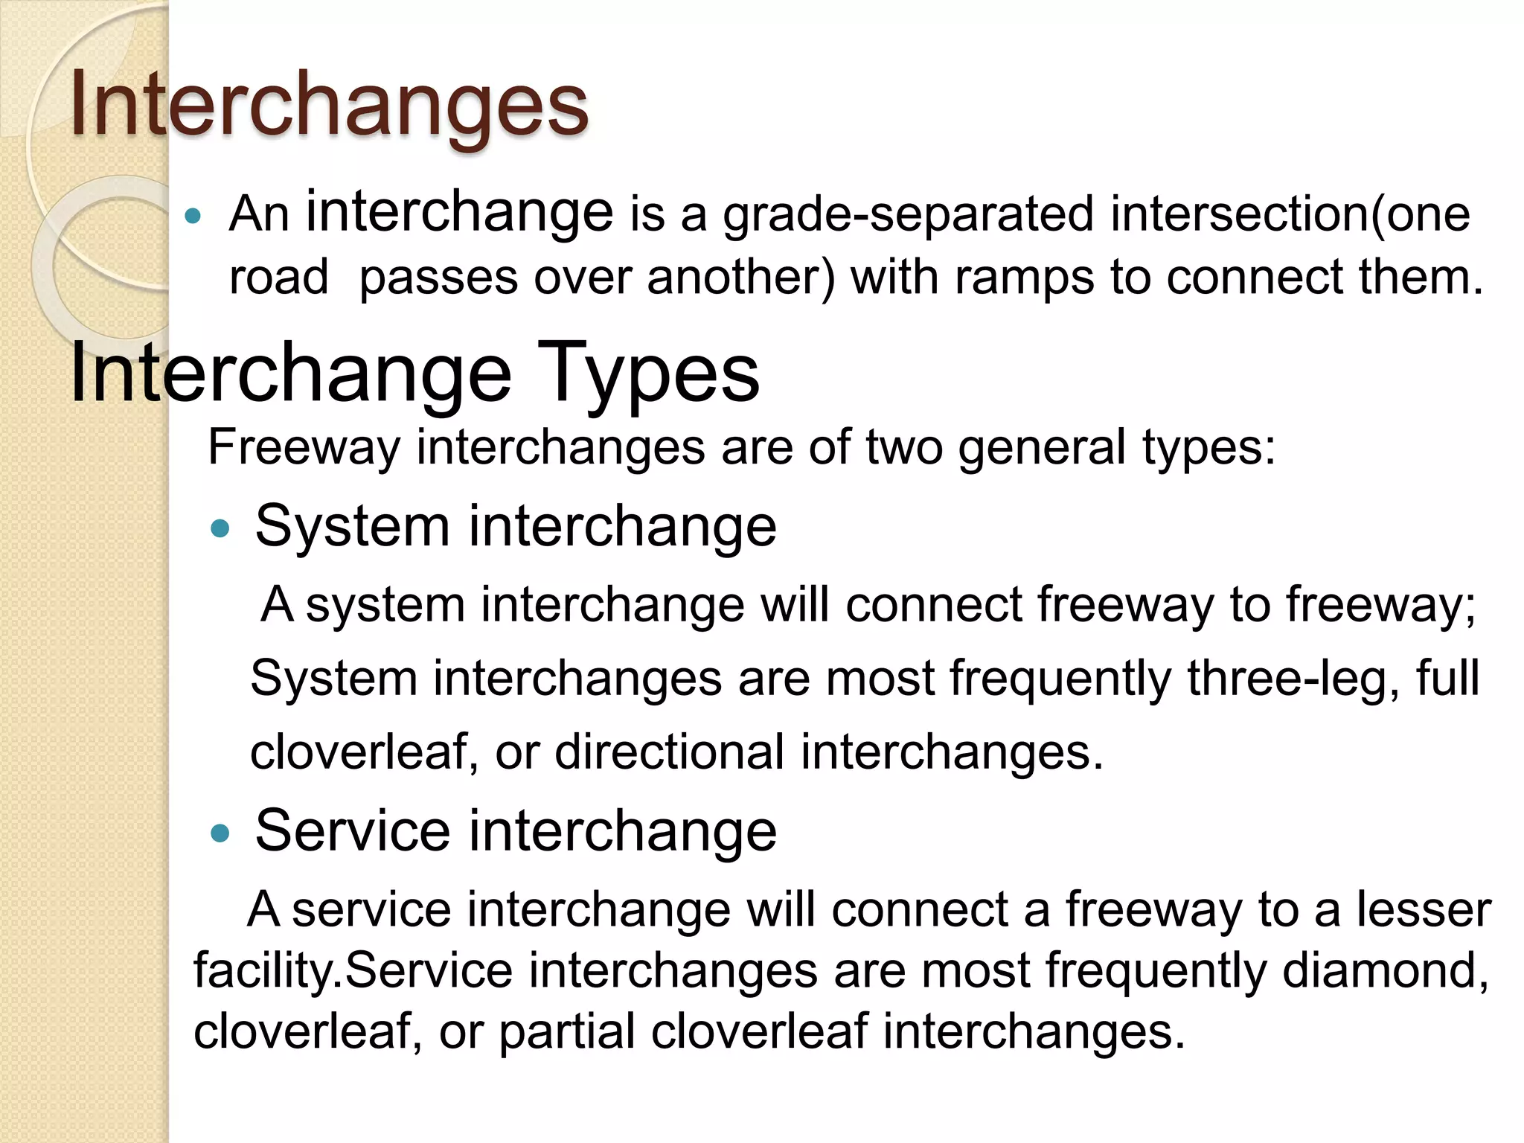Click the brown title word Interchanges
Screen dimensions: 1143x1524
pyautogui.click(x=329, y=106)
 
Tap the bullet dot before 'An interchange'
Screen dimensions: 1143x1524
pyautogui.click(x=193, y=217)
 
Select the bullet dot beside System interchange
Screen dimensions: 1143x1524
pyautogui.click(x=220, y=529)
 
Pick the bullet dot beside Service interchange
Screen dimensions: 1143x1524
pyautogui.click(x=220, y=833)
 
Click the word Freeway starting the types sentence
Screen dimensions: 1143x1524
pyautogui.click(x=304, y=448)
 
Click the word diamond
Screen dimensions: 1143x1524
pyautogui.click(x=1385, y=970)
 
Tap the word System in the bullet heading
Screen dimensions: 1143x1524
pyautogui.click(x=352, y=527)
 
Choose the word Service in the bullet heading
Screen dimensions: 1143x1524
pyautogui.click(x=352, y=831)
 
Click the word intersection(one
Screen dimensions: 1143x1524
pyautogui.click(x=1290, y=214)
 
